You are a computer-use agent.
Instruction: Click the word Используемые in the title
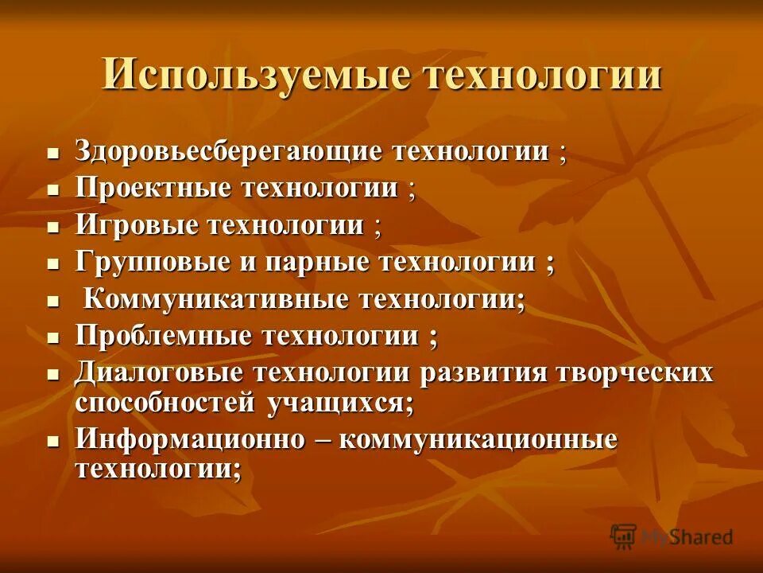tap(255, 76)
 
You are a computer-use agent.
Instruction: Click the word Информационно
tap(179, 439)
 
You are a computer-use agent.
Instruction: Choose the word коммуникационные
tap(478, 439)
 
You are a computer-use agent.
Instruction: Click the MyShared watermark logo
tap(672, 536)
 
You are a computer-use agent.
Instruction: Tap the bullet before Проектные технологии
tap(53, 191)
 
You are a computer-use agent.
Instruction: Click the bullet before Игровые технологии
tap(53, 228)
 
